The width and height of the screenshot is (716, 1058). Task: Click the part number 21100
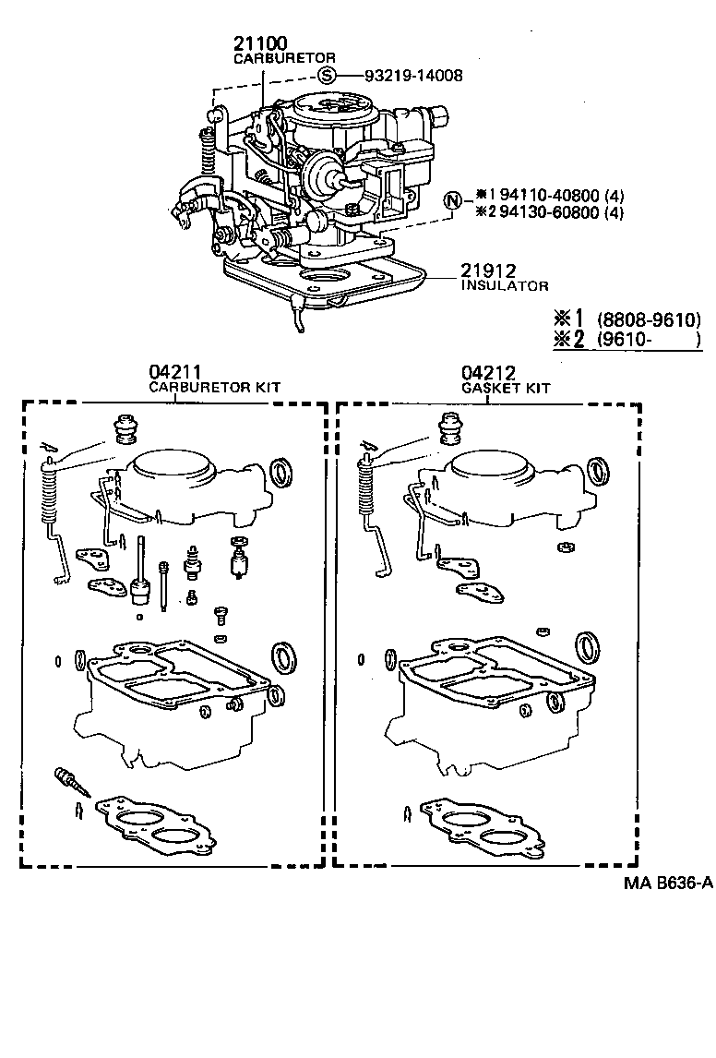point(260,42)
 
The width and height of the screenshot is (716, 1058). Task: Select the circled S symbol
point(328,77)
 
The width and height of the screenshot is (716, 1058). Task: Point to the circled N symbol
point(452,200)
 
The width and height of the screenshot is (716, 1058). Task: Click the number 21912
point(489,271)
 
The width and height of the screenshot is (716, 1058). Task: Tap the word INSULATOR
point(505,286)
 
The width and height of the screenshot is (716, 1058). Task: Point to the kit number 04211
point(175,373)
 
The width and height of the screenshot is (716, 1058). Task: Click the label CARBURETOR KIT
point(215,388)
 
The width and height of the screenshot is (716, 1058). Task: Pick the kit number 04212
point(488,373)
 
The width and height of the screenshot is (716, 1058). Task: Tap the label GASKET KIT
point(505,388)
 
